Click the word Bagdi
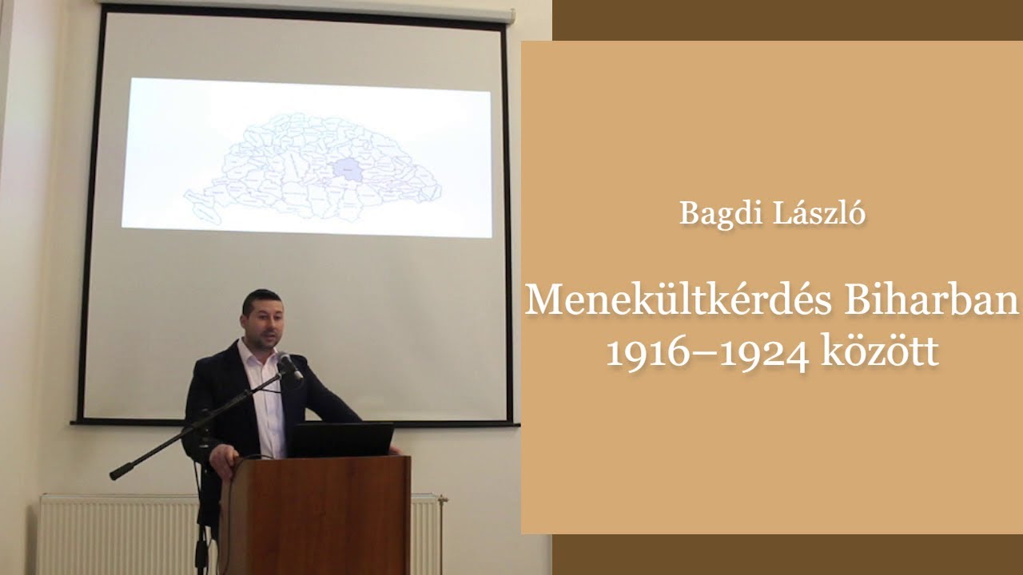(712, 213)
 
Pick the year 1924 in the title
(763, 352)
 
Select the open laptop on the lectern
(341, 439)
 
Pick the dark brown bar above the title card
(787, 20)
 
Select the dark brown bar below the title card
(787, 554)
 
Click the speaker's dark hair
(261, 299)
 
